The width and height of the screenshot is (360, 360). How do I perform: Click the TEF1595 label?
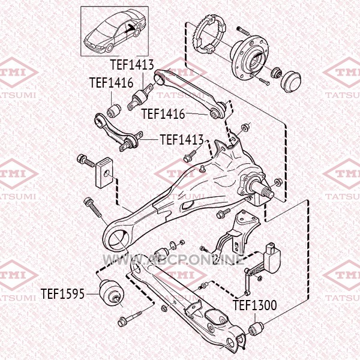click(62, 293)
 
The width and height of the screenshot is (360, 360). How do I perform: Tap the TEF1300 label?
click(255, 305)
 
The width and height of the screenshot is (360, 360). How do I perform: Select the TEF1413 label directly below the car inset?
click(132, 65)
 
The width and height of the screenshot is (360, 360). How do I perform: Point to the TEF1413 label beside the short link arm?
click(182, 139)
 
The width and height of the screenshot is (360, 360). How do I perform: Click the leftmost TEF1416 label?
click(112, 82)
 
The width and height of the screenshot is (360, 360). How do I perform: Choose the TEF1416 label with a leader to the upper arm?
click(163, 113)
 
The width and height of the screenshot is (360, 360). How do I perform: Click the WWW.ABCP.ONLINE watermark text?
click(173, 260)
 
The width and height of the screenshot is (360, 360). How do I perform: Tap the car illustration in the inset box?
click(115, 31)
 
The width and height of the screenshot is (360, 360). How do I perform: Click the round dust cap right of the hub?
click(290, 82)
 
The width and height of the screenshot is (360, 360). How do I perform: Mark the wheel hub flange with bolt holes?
click(250, 58)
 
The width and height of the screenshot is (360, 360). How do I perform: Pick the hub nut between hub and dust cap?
click(277, 73)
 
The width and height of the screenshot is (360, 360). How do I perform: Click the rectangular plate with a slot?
click(104, 173)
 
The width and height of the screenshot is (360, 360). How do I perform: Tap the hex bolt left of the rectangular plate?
click(86, 160)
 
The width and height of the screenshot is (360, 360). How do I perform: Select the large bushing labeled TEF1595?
click(112, 293)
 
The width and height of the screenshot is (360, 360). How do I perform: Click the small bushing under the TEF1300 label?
click(256, 328)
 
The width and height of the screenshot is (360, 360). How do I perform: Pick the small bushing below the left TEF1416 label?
click(114, 110)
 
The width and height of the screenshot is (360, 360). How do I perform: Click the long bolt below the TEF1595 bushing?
click(130, 318)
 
